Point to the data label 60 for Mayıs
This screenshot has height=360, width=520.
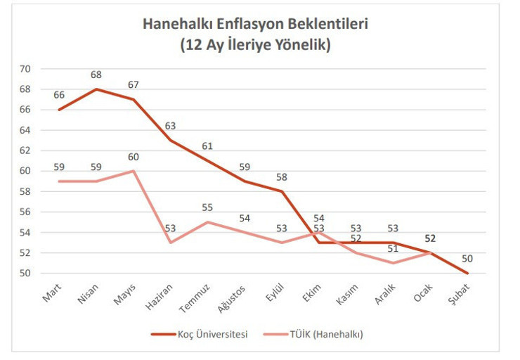(133, 157)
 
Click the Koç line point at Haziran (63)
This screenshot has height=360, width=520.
(171, 140)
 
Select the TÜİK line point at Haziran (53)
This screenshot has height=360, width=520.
(171, 243)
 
